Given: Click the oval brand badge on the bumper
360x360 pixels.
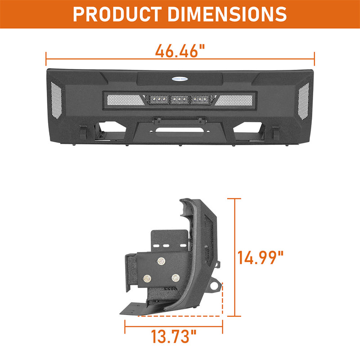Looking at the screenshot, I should (180, 77).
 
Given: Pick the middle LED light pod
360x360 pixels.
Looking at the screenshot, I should (180, 99).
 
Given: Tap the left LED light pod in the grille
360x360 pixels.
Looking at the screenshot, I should (157, 99).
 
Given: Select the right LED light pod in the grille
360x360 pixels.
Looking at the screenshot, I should (202, 99).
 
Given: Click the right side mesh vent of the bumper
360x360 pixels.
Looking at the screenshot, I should (304, 98).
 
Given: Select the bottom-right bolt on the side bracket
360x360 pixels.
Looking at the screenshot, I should (175, 277).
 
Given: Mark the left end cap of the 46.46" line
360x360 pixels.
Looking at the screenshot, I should (46, 58).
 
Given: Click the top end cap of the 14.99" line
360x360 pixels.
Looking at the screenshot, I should (234, 198).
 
